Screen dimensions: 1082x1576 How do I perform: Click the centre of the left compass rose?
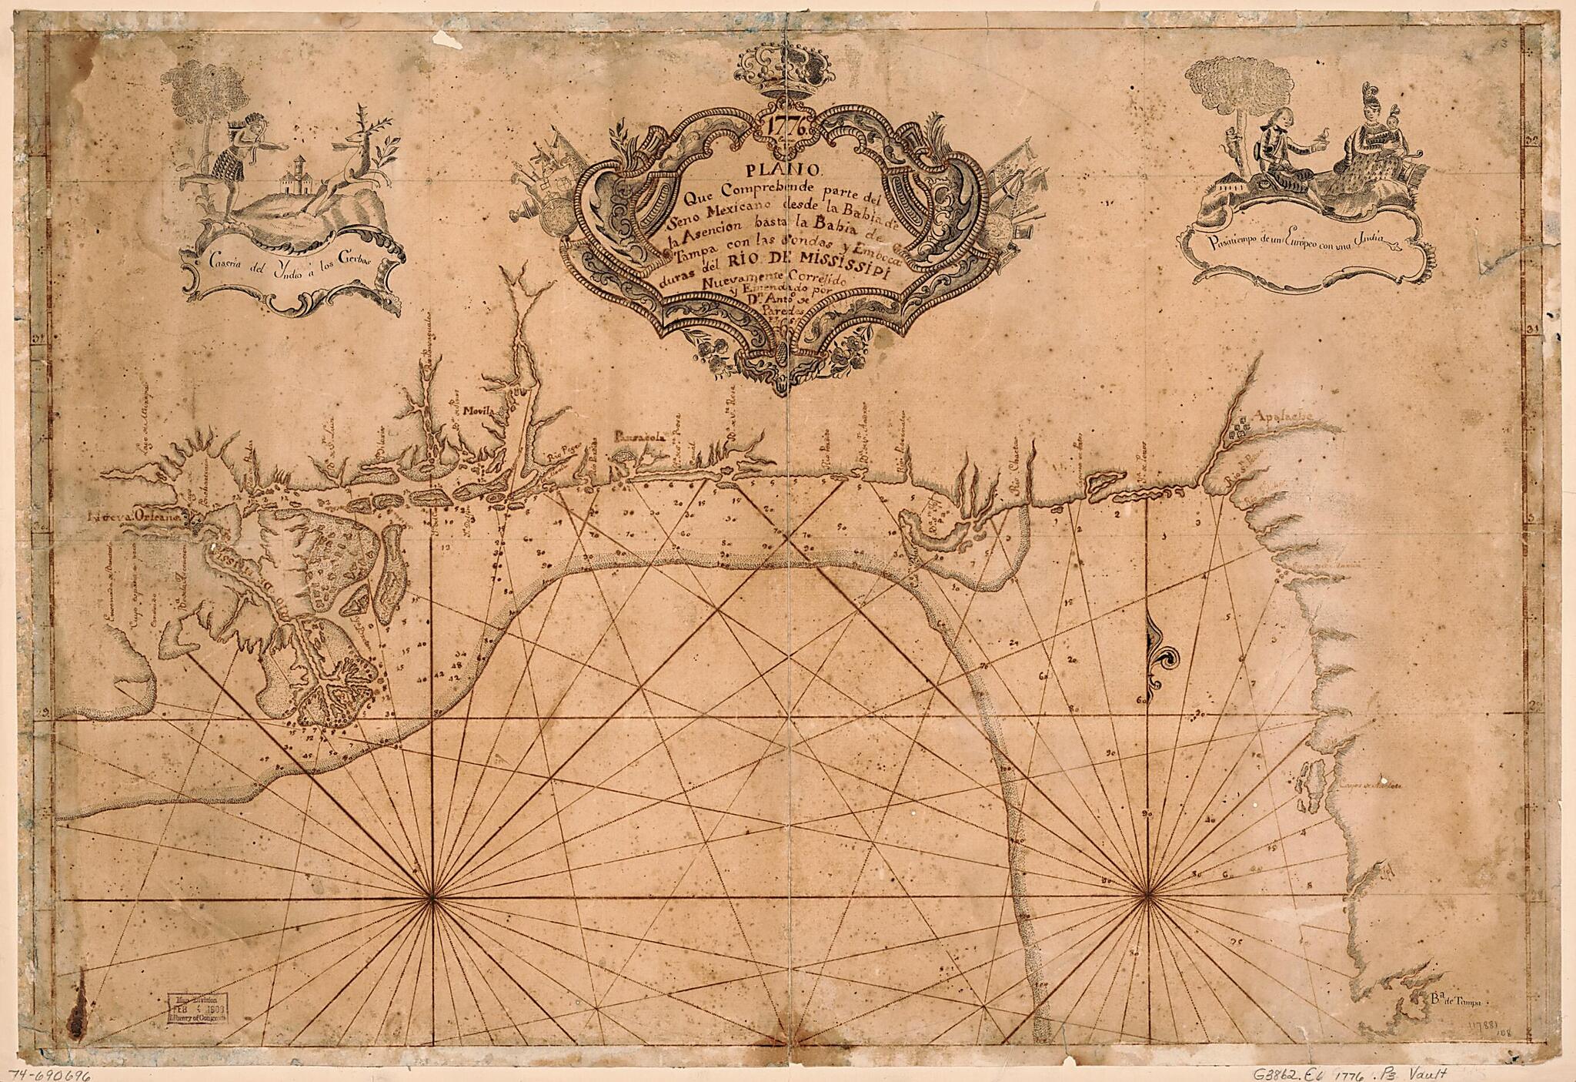click(x=431, y=898)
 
